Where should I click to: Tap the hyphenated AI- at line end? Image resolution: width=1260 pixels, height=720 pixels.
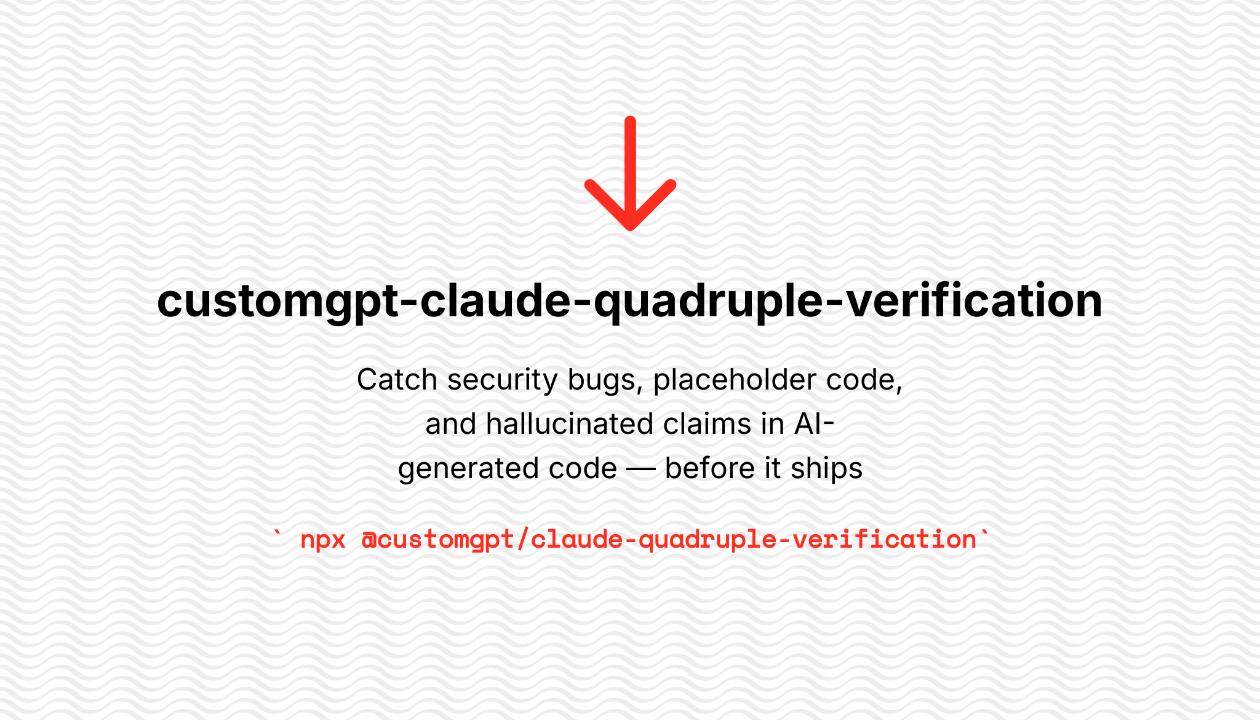814,424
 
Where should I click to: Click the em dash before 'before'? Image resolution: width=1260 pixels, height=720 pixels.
640,469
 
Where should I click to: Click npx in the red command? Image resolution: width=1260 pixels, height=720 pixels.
322,540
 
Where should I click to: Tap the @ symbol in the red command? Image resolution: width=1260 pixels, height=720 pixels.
369,540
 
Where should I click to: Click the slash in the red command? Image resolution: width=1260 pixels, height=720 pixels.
523,540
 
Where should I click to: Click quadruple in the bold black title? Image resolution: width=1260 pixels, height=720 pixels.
708,302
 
